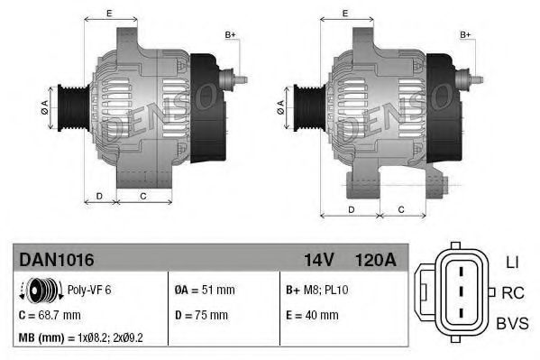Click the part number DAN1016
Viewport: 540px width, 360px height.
pos(56,259)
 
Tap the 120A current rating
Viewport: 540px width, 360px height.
pos(376,259)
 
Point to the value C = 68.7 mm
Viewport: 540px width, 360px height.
pos(50,315)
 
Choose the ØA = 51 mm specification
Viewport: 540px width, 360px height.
pos(204,290)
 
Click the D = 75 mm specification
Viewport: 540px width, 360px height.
pos(202,315)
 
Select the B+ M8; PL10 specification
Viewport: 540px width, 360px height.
pos(316,290)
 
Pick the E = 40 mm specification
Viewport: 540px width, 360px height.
pos(312,315)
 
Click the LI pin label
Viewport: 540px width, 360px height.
pos(511,263)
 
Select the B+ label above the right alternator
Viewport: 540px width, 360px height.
pos(466,34)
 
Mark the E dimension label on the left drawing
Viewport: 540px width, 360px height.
pos(108,13)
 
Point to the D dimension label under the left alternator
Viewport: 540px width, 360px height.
pos(99,195)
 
